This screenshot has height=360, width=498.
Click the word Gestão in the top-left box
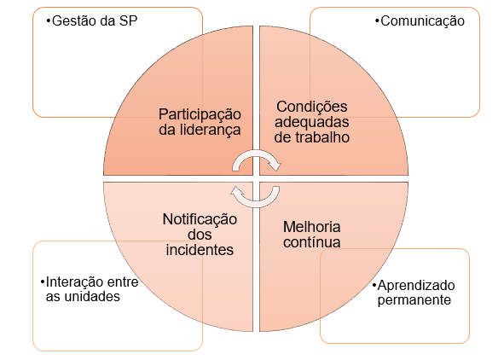pos(74,21)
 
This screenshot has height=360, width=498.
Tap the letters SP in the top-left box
pos(128,21)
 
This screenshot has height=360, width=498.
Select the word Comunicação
pos(422,21)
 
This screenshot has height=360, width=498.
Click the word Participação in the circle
pos(200,115)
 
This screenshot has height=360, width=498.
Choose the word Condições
pos(312,107)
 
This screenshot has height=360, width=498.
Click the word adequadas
pos(312,122)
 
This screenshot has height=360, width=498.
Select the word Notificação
pos(200,220)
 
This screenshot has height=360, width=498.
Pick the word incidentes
pos(200,250)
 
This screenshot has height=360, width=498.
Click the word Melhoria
pos(312,227)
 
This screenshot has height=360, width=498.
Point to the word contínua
pos(312,242)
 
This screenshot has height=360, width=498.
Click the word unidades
pos(92,297)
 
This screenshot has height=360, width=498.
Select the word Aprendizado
pos(416,286)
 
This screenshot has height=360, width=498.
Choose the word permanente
pos(414,300)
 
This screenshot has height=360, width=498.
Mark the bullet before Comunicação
pos(377,21)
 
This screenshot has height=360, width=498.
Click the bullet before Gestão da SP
pos(49,21)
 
